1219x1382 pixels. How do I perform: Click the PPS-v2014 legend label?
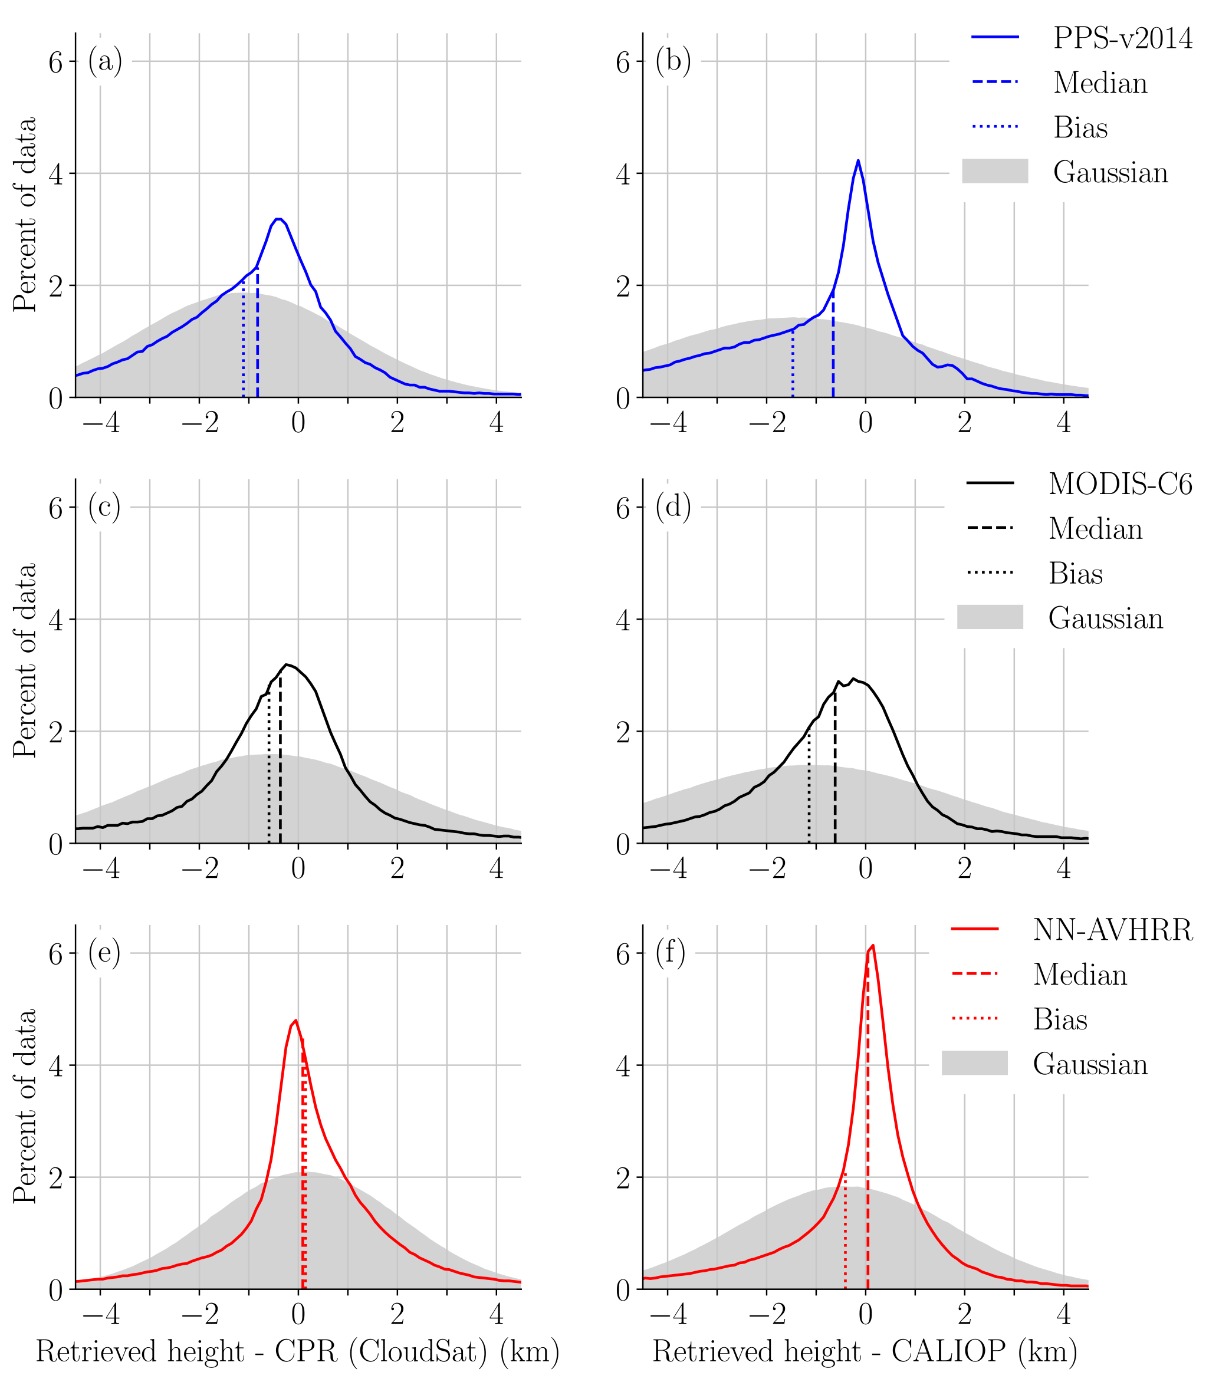point(1122,38)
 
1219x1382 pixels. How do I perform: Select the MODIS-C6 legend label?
point(1119,484)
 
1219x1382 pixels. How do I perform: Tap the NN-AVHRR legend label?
point(1112,930)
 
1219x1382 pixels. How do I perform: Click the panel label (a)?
point(105,61)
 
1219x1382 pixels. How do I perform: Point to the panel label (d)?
point(672,507)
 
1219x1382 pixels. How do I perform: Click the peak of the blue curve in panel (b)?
point(857,161)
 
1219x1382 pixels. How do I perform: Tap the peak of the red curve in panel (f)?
point(873,945)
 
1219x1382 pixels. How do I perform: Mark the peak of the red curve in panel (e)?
point(295,1020)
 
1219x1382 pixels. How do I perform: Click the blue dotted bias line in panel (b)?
point(792,365)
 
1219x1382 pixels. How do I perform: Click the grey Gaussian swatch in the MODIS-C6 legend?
point(990,617)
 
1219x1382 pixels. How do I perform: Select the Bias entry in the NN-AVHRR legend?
point(1059,1019)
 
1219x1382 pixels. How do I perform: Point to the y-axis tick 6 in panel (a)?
point(55,62)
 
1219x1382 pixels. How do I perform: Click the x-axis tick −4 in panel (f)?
point(668,1314)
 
